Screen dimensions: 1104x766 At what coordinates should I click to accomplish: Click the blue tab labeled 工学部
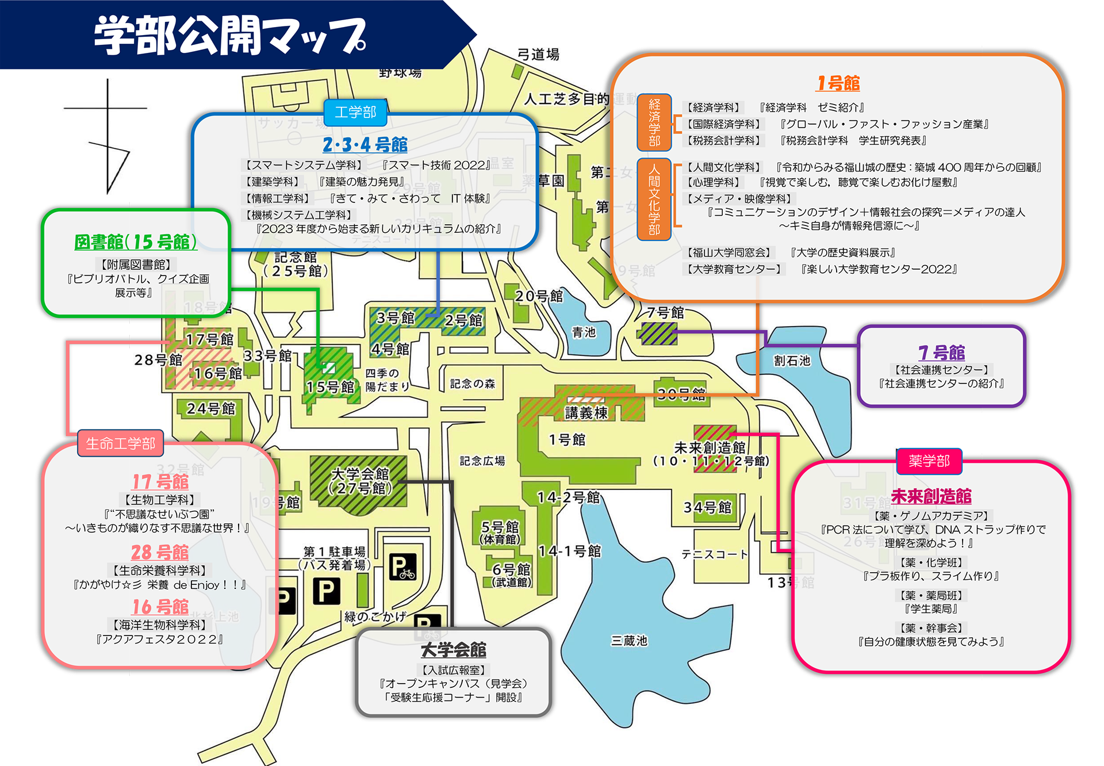coord(355,112)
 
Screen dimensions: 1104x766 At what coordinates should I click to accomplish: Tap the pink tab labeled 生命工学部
coord(120,443)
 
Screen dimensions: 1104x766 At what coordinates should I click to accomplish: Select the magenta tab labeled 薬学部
coord(929,461)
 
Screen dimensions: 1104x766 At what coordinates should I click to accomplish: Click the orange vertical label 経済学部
coord(654,122)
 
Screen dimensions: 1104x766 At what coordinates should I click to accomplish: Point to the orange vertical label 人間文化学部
coord(654,199)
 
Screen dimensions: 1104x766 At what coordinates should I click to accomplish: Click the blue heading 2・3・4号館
coord(365,145)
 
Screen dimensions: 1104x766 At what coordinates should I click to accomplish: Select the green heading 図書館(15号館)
coord(136,242)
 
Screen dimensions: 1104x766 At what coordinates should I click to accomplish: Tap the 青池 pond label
coord(584,332)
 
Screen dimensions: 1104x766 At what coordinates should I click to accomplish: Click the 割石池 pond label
coord(792,361)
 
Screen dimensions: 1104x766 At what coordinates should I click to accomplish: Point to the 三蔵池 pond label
coord(628,641)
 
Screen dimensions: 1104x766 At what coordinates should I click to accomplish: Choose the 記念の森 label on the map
coord(472,384)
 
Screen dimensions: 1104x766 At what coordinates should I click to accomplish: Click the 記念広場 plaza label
coord(482,461)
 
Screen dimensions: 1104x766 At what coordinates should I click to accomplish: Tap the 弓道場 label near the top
coord(538,55)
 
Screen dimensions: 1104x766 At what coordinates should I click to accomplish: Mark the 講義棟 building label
coord(586,413)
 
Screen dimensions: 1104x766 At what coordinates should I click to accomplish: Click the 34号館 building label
coord(707,507)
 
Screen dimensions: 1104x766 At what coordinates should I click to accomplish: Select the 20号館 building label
coord(539,296)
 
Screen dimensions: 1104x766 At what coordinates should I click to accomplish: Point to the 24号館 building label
coord(211,409)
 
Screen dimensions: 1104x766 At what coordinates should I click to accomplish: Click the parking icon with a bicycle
coord(402,568)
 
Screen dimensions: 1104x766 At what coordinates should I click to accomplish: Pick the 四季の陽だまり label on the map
coord(386,380)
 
